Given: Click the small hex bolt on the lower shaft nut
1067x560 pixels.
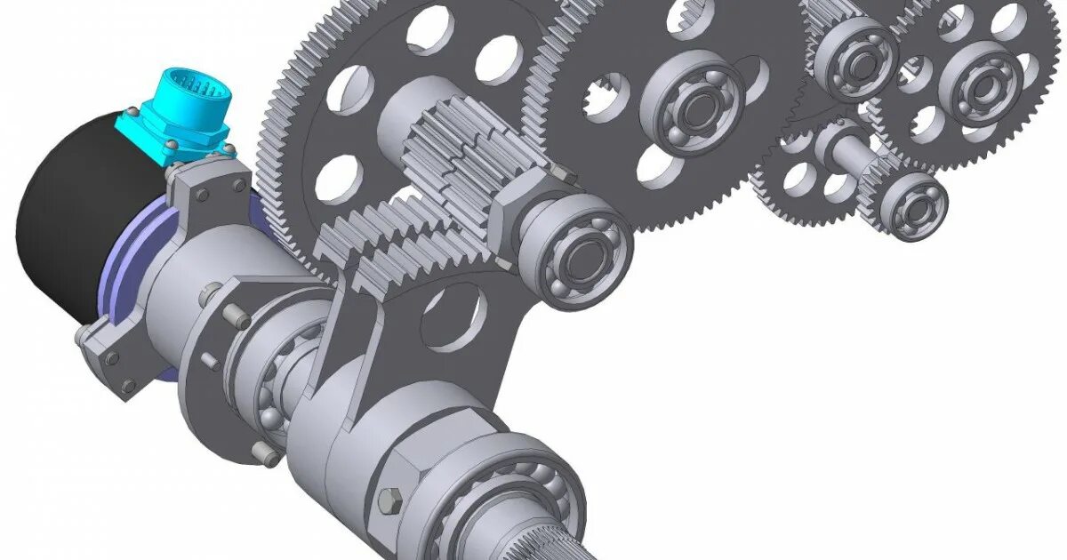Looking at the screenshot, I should pos(389,500).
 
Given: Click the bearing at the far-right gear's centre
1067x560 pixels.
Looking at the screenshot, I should pos(983,84).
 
